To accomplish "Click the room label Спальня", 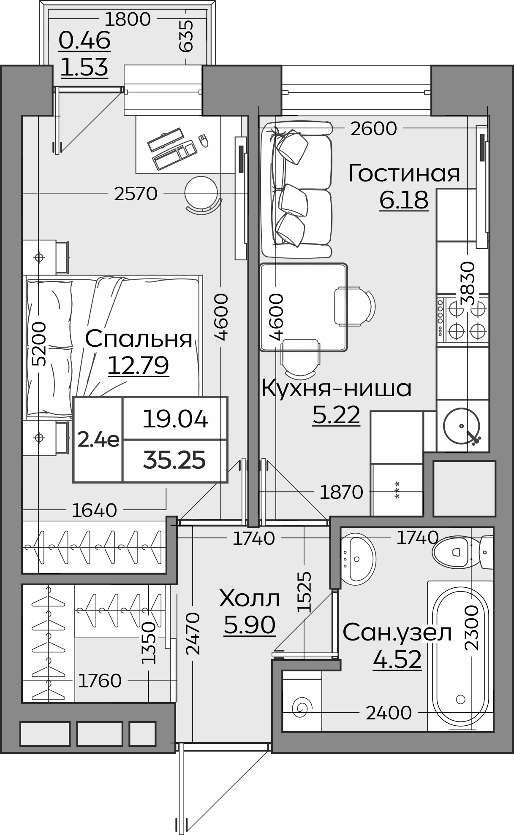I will pyautogui.click(x=139, y=339).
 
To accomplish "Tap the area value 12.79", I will pyautogui.click(x=139, y=365).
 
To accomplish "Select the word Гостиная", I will pyautogui.click(x=404, y=173).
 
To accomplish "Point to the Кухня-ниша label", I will pyautogui.click(x=336, y=389).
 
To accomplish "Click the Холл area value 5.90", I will pyautogui.click(x=249, y=625).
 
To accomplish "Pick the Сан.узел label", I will pyautogui.click(x=397, y=632).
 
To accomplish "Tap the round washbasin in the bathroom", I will pyautogui.click(x=357, y=559).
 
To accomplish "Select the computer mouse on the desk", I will pyautogui.click(x=204, y=141).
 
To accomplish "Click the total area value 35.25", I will pyautogui.click(x=174, y=460).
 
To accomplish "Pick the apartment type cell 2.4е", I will pyautogui.click(x=98, y=440).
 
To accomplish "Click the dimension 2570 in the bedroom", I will pyautogui.click(x=136, y=194).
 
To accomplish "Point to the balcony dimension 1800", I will pyautogui.click(x=127, y=19).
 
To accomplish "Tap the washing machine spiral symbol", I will pyautogui.click(x=302, y=707).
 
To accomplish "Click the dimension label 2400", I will pyautogui.click(x=389, y=713).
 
